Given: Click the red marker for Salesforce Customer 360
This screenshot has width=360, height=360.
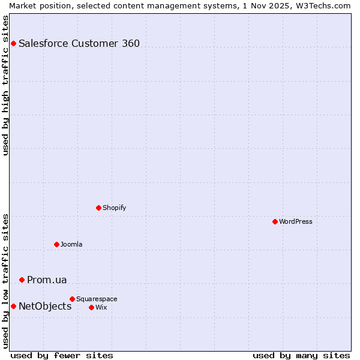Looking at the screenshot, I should [x=13, y=43].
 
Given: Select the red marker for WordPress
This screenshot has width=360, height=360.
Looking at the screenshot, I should [x=275, y=221].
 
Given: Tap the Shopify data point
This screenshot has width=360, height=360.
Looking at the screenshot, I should [x=98, y=208].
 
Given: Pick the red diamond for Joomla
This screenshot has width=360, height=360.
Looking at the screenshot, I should [x=56, y=244].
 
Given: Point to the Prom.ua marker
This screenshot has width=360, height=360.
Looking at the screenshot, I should [x=22, y=280].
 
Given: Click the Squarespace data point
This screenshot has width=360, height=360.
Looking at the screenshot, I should [x=72, y=299].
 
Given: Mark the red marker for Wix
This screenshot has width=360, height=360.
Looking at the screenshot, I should [x=91, y=307].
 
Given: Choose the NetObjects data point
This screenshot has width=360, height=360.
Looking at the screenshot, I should [x=13, y=306].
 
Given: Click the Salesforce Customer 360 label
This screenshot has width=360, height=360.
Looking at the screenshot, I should [x=79, y=43].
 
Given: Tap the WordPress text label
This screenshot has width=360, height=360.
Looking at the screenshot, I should [x=296, y=221].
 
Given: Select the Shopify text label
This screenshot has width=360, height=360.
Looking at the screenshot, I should [x=115, y=208].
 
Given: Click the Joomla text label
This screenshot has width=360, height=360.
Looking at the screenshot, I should [x=71, y=244].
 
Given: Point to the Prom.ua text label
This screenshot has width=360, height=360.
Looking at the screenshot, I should [x=47, y=280].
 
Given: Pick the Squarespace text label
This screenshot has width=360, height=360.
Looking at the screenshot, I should [x=97, y=299].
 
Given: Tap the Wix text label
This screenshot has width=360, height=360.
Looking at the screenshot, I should [x=101, y=307].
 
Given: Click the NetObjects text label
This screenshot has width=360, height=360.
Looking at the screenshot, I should [x=45, y=306].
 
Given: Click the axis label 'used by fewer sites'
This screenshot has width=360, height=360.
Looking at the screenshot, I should [x=62, y=355].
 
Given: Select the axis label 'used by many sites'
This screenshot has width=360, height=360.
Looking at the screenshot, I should [x=301, y=355].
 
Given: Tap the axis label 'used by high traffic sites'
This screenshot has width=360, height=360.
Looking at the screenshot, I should [x=6, y=86].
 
